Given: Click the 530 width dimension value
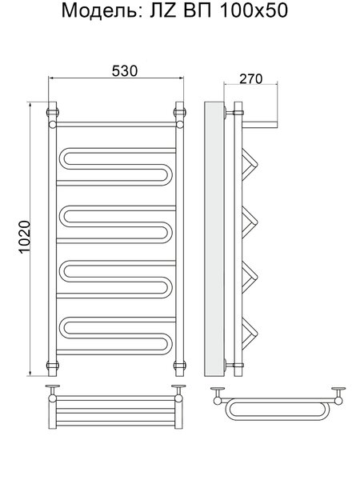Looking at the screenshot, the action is pyautogui.click(x=125, y=71).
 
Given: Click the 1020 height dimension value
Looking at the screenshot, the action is pyautogui.click(x=25, y=237).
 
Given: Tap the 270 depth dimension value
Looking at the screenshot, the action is pyautogui.click(x=250, y=79).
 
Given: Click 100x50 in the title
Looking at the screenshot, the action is pyautogui.click(x=254, y=10).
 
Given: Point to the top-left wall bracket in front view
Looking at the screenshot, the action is pyautogui.click(x=52, y=112).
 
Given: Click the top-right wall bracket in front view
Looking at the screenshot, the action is pyautogui.click(x=180, y=112).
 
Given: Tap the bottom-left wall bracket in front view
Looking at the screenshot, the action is pyautogui.click(x=52, y=365).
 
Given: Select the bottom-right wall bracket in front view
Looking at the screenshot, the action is pyautogui.click(x=180, y=365).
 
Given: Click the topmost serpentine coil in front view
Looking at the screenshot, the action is pyautogui.click(x=116, y=166).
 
